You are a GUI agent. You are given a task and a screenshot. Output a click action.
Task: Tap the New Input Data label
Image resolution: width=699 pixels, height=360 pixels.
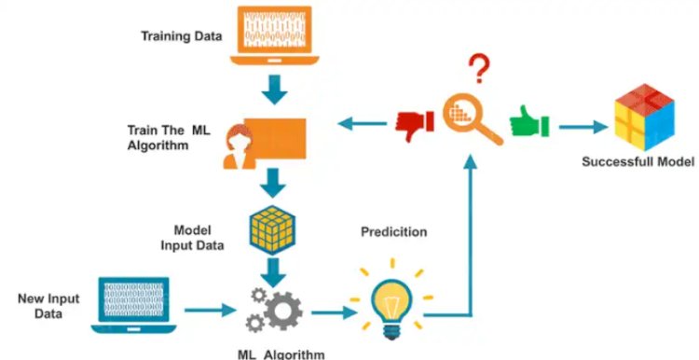pos(48,306)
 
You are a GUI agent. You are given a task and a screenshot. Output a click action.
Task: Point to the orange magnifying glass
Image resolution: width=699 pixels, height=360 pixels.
pos(472,118)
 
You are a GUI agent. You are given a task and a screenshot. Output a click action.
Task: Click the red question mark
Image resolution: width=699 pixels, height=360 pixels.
pos(480,68)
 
